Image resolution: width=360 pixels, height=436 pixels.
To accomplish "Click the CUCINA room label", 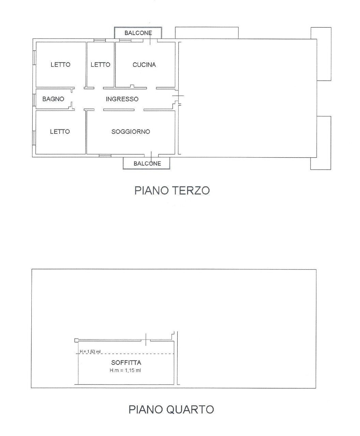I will (144, 65).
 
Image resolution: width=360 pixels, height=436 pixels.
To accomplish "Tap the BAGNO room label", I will (53, 99).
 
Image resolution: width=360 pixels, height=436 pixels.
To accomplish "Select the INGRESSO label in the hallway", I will (122, 99).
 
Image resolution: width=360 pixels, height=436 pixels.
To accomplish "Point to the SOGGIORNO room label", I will (131, 131).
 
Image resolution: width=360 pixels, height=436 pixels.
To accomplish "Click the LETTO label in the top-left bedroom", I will (60, 64).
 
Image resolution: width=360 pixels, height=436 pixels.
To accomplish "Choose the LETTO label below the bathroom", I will (60, 131).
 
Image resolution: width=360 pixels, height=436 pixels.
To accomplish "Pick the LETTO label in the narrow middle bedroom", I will (100, 64).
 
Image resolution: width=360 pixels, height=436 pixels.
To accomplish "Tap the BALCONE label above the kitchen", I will (138, 33).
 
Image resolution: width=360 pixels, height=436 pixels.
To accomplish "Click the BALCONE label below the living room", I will (147, 163).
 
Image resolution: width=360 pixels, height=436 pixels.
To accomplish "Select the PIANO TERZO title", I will (172, 190).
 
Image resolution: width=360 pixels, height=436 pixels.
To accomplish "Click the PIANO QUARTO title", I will (171, 409).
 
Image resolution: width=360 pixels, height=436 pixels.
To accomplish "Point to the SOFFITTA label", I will (126, 363).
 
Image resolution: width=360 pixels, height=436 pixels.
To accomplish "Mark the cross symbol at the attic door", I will (146, 340).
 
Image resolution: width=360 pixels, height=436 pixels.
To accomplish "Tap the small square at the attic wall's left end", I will (76, 340).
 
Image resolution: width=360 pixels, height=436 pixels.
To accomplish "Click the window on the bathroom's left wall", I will (34, 99).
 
